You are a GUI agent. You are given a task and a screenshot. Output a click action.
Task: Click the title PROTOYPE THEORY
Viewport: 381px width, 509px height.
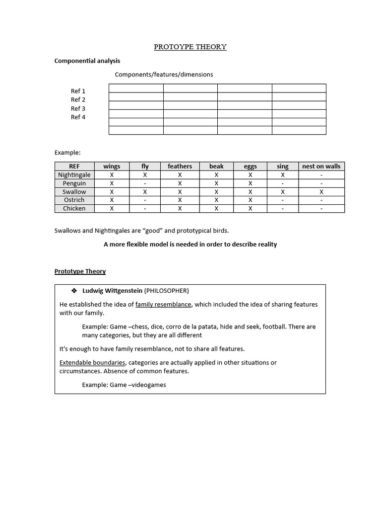pyautogui.click(x=190, y=47)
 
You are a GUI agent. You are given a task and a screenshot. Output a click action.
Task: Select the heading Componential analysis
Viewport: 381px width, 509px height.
pyautogui.click(x=87, y=61)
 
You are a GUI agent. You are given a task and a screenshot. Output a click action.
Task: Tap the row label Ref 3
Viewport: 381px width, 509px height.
pyautogui.click(x=78, y=108)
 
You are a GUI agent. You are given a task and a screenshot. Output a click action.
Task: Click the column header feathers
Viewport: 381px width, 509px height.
pyautogui.click(x=180, y=167)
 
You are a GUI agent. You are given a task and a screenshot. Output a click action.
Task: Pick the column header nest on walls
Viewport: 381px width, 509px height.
pyautogui.click(x=321, y=167)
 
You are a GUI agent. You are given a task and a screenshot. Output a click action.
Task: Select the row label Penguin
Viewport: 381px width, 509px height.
pyautogui.click(x=74, y=183)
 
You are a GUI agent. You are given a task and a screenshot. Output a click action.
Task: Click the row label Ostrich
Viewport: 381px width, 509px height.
pyautogui.click(x=74, y=200)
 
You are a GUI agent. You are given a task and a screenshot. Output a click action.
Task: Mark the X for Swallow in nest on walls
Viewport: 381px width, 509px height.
pyautogui.click(x=321, y=192)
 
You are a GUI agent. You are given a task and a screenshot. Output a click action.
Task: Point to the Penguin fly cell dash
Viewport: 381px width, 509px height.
pyautogui.click(x=145, y=183)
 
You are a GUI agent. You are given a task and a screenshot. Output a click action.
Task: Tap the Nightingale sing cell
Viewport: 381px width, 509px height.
pyautogui.click(x=282, y=175)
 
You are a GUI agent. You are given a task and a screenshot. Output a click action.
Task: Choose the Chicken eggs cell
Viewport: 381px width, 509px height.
pyautogui.click(x=250, y=208)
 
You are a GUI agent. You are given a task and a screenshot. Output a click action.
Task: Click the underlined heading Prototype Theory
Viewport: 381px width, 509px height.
pyautogui.click(x=80, y=271)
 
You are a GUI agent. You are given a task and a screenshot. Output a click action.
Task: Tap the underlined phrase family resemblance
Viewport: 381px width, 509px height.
pyautogui.click(x=163, y=304)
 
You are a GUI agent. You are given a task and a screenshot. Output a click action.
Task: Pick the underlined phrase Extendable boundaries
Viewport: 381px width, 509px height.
pyautogui.click(x=92, y=362)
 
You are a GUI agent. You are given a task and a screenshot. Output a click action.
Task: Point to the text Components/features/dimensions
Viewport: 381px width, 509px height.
pyautogui.click(x=164, y=75)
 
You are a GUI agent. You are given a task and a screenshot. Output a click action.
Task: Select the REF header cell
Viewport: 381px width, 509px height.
pyautogui.click(x=74, y=167)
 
